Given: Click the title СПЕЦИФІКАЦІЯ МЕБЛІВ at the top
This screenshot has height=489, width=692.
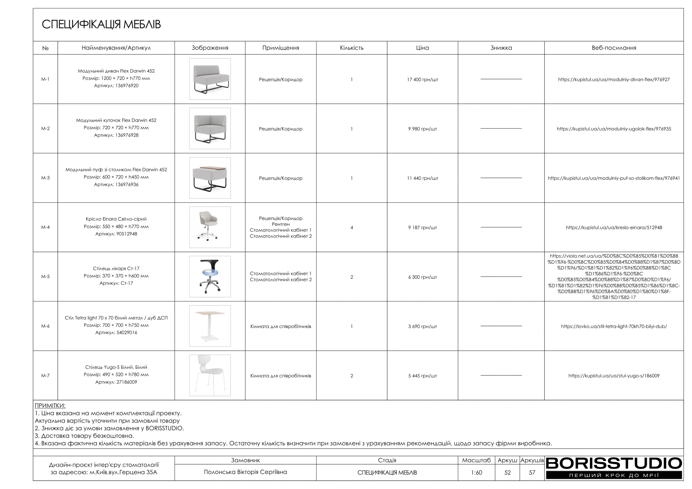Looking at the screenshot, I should coord(101,24).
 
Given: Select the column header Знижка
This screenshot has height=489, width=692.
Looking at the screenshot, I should coord(501,48).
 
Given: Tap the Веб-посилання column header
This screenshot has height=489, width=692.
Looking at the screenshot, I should coord(614,48).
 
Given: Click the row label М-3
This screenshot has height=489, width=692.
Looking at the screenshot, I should coord(45,178).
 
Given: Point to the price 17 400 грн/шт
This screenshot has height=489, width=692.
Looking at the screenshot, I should coord(422,79).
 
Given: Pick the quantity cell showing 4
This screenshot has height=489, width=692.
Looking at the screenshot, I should coord(351,227).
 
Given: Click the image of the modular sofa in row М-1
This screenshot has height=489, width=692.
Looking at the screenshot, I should coord(210,79).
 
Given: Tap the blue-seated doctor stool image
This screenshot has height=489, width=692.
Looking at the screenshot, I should coord(210,276).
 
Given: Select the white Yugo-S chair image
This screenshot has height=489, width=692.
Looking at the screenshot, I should coord(210,375).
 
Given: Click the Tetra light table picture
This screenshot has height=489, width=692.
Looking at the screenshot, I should coord(210,326).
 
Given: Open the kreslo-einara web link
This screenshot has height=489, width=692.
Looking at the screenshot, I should coord(614,227).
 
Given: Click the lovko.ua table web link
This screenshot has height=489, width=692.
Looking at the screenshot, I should coord(614,326).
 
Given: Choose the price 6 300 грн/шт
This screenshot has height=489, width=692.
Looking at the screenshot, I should coord(422,277).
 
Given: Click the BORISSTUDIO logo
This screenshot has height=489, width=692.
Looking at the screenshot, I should coord(614,468).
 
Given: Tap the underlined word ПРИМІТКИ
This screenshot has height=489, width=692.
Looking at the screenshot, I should coord(50,406).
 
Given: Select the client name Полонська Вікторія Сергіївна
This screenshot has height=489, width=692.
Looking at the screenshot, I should coord(245,472).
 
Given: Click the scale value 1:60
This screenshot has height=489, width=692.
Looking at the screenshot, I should coord(476,473).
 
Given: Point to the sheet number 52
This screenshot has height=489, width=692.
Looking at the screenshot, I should coord(507,473).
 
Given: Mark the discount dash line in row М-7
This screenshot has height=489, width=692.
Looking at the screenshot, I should coord(501,376).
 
